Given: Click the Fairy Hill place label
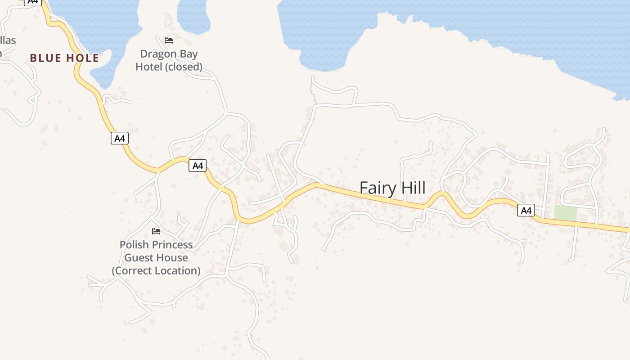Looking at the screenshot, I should click(x=392, y=188).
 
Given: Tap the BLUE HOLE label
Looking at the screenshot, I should click(x=64, y=58).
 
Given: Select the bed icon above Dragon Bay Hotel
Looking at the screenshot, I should click(x=169, y=40).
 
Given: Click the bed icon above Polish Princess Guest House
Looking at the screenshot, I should click(x=156, y=231).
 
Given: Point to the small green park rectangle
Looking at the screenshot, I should click(x=565, y=213).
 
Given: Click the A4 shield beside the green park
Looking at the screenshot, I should click(x=526, y=210).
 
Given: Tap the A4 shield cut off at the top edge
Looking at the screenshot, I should click(x=32, y=2).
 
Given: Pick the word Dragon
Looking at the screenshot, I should click(x=159, y=54).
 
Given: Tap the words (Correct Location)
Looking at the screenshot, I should click(x=156, y=271).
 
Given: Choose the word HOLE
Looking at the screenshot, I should click(x=82, y=58).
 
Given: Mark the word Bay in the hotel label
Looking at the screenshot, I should click(x=189, y=54).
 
